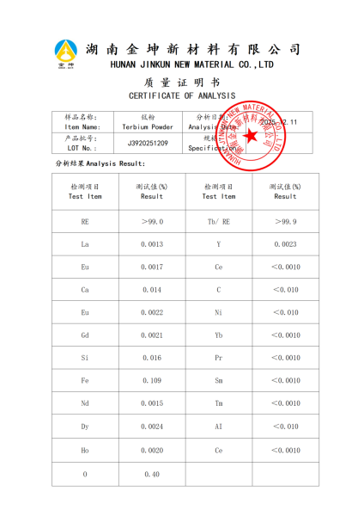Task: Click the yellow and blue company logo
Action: coord(66,53)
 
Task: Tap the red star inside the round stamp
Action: coord(251,135)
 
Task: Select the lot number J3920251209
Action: coord(148,143)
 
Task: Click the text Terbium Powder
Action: coord(148,126)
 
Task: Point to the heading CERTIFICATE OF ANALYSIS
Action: coord(182,95)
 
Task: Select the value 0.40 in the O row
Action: coord(152,474)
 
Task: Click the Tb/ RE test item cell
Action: coord(219,222)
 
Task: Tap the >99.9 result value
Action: coord(285,222)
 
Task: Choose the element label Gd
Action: coord(85,335)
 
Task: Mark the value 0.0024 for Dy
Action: coord(152,427)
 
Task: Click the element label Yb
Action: coord(219,335)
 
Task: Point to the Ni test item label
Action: coord(219,312)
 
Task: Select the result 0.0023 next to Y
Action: coord(285,244)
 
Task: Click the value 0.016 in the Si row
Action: coord(152,358)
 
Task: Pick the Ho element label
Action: coord(85,450)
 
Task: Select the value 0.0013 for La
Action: coord(152,244)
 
